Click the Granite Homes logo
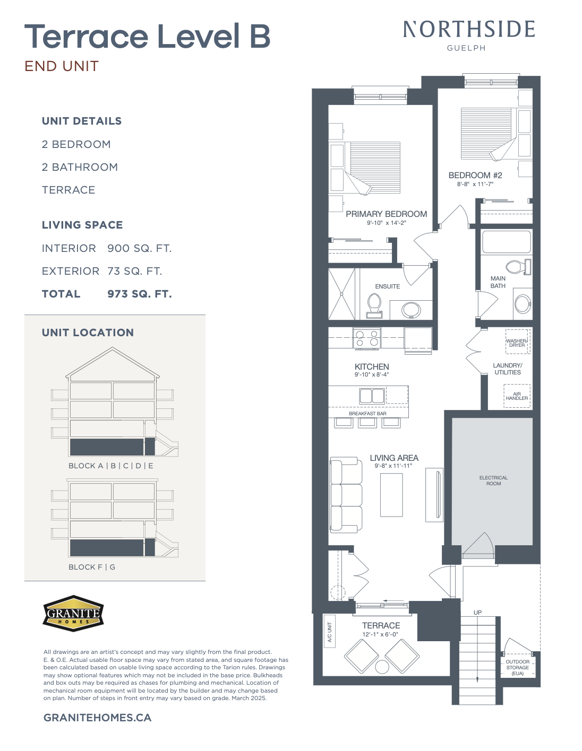73,613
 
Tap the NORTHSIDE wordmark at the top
469,29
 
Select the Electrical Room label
493,481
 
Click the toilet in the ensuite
374,306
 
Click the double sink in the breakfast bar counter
372,396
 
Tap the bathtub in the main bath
506,242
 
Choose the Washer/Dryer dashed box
518,342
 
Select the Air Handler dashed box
517,396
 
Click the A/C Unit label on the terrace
329,632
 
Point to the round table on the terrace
382,667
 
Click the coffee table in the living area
391,494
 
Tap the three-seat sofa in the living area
346,494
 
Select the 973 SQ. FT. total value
140,294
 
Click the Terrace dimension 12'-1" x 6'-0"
380,634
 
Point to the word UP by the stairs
477,613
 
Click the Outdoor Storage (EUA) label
518,667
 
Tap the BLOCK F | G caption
92,567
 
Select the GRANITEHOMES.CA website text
98,718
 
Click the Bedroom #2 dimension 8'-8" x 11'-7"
475,184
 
